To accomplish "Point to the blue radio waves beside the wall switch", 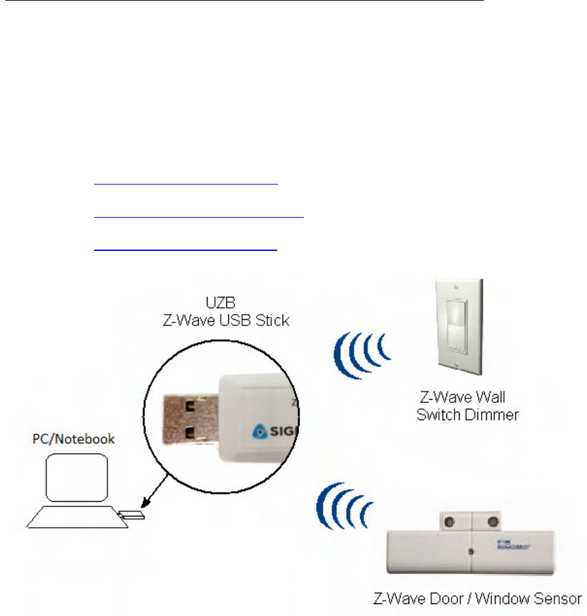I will coord(361,351).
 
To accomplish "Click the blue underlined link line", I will coord(185,250).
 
